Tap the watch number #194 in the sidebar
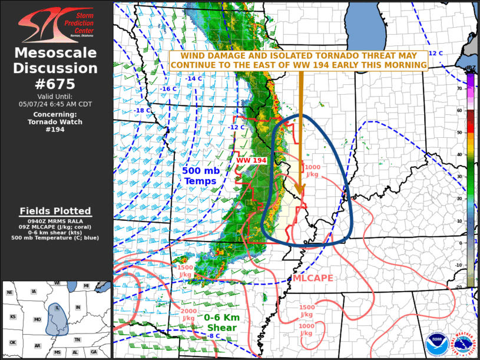[56, 129]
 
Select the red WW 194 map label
[251, 160]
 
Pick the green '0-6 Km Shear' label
[221, 323]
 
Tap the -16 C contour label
[168, 89]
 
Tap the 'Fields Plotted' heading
[55, 211]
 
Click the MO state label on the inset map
[37, 319]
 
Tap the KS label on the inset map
[12, 316]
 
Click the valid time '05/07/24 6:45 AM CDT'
[56, 104]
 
